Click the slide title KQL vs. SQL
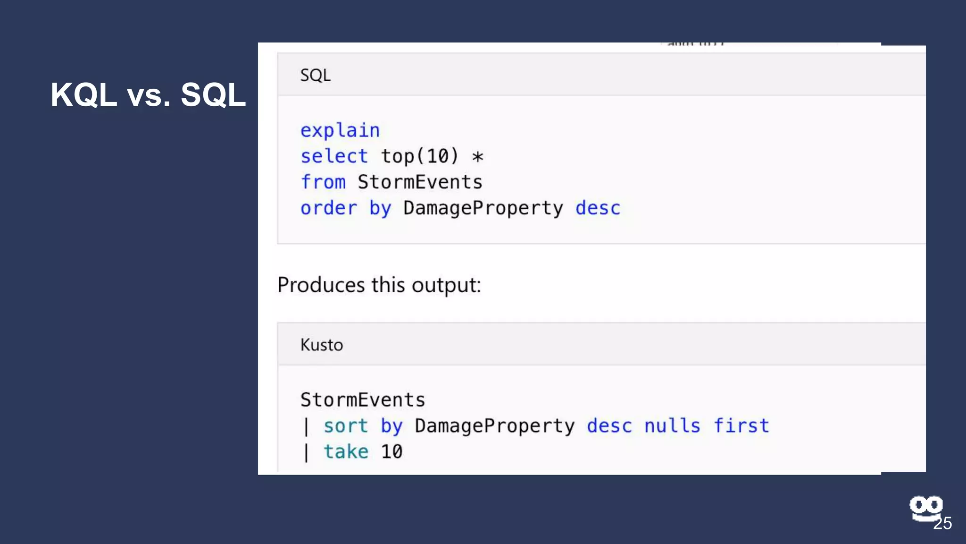(148, 95)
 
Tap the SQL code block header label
(316, 76)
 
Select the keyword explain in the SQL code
(340, 131)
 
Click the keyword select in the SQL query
(334, 156)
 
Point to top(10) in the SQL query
(419, 156)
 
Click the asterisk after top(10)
(478, 157)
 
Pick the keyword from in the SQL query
(323, 182)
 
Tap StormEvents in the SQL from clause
(420, 182)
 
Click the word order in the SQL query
(329, 208)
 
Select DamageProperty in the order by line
(483, 208)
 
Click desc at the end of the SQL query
(598, 208)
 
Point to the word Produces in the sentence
(321, 285)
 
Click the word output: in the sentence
(446, 285)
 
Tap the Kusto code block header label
(322, 345)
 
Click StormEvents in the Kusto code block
(363, 400)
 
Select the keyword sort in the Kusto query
(345, 426)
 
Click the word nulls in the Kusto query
(672, 426)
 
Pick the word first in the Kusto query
(741, 426)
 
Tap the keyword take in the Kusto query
(345, 452)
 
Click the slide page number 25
(942, 524)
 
